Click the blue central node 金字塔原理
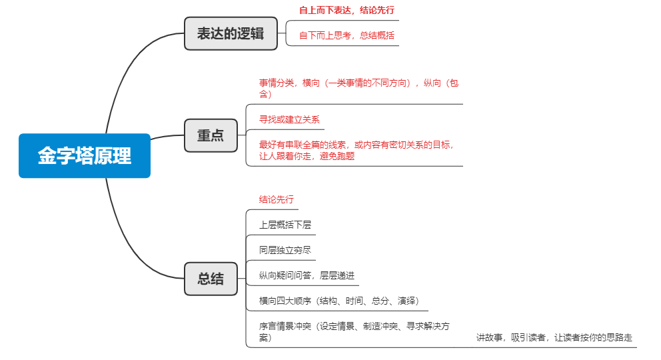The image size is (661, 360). pos(85,156)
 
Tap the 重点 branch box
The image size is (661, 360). pos(211,135)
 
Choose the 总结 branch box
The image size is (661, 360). pos(211,279)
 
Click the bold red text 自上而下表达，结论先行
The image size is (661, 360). pos(347,11)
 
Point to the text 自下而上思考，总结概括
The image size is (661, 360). pos(347,35)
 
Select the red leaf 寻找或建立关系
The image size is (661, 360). pos(289,119)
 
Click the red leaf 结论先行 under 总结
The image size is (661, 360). pos(277,199)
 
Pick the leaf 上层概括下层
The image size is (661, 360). pos(285,225)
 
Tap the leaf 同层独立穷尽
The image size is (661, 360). pos(285,250)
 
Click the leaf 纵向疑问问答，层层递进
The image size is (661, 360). pos(307,275)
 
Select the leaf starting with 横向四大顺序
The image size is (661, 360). pos(338,301)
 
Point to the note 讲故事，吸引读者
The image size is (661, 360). pos(554,337)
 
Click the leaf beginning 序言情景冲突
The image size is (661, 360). pos(354,331)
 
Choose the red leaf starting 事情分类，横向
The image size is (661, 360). pos(358,88)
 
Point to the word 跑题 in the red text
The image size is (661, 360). pos(345,156)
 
